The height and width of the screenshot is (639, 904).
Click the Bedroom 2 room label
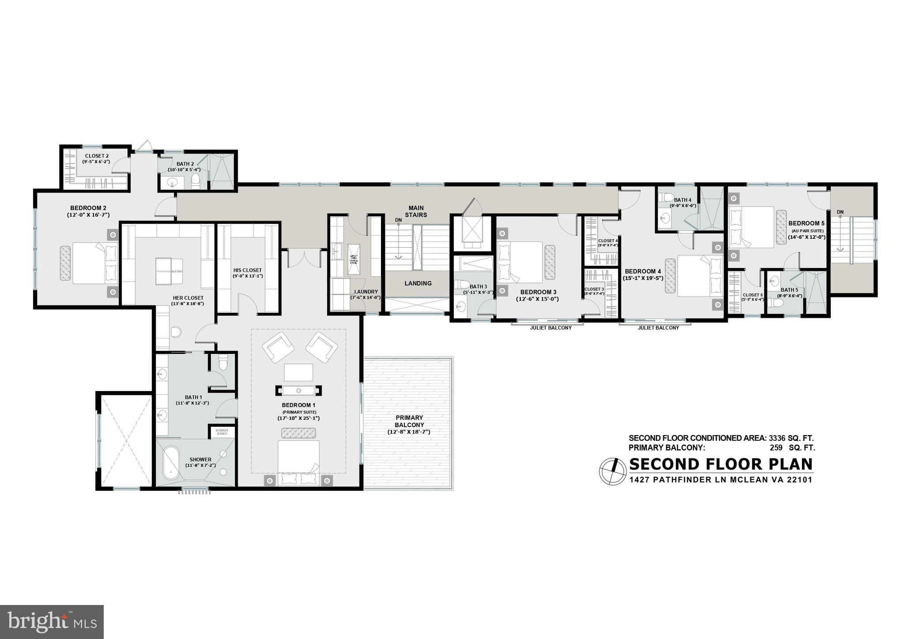pyautogui.click(x=88, y=208)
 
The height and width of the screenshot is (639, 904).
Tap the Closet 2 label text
pyautogui.click(x=97, y=156)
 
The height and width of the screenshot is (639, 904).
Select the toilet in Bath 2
pyautogui.click(x=196, y=180)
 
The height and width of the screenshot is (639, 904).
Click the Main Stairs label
pyautogui.click(x=416, y=211)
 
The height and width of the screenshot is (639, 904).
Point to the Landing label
pyautogui.click(x=418, y=283)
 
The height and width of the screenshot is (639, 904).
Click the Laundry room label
pyautogui.click(x=366, y=292)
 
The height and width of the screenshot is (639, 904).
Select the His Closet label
pyautogui.click(x=247, y=271)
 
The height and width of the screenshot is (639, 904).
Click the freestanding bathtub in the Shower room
pyautogui.click(x=170, y=463)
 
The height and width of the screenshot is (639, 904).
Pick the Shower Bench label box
pyautogui.click(x=222, y=432)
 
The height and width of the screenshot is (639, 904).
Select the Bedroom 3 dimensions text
pyautogui.click(x=538, y=299)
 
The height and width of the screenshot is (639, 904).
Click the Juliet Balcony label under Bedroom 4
pyautogui.click(x=658, y=328)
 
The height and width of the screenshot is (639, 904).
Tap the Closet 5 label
pyautogui.click(x=752, y=295)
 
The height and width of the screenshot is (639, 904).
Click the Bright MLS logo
pyautogui.click(x=52, y=622)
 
